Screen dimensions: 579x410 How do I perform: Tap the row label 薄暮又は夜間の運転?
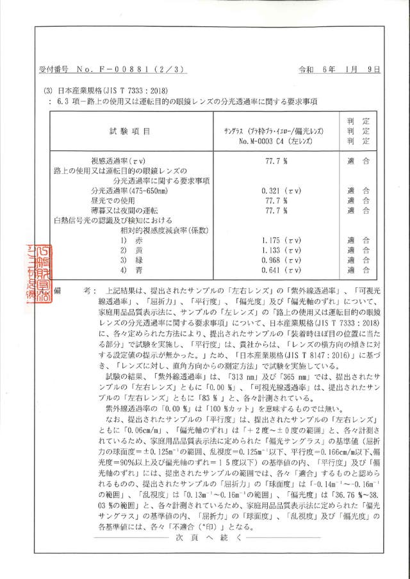(125, 210)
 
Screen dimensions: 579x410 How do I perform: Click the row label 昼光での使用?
(116, 200)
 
